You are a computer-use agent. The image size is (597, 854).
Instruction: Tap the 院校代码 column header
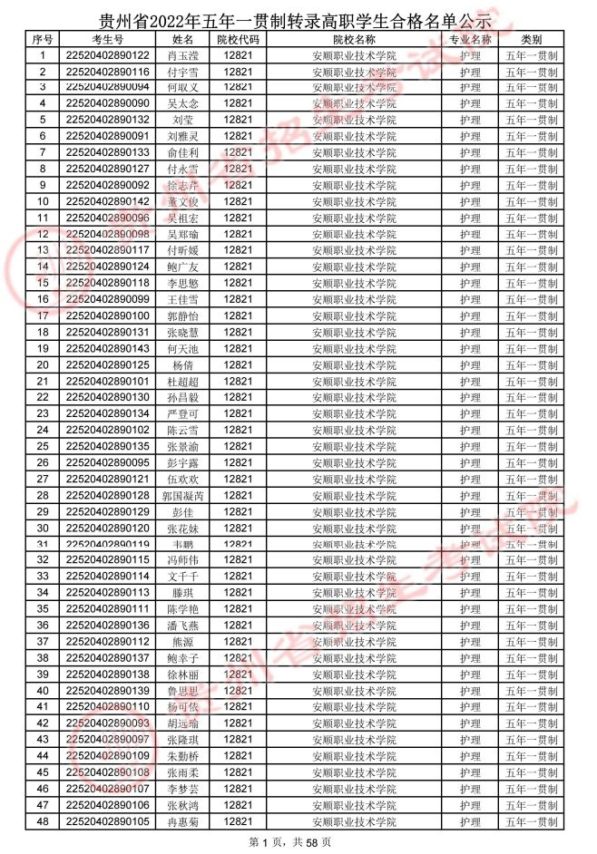(238, 40)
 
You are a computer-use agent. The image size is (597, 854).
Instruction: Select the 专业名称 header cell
(469, 40)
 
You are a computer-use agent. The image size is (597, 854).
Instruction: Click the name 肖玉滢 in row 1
(182, 55)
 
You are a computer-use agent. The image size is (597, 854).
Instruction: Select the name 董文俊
(182, 202)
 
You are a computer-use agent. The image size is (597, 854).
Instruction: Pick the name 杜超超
(182, 382)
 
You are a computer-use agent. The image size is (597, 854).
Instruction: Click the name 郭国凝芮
(182, 496)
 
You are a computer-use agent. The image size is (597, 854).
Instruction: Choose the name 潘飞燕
(182, 626)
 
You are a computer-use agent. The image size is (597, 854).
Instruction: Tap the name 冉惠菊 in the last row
(182, 821)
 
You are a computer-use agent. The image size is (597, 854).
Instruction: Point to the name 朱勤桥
(182, 756)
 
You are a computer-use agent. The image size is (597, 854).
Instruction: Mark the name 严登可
(182, 414)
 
